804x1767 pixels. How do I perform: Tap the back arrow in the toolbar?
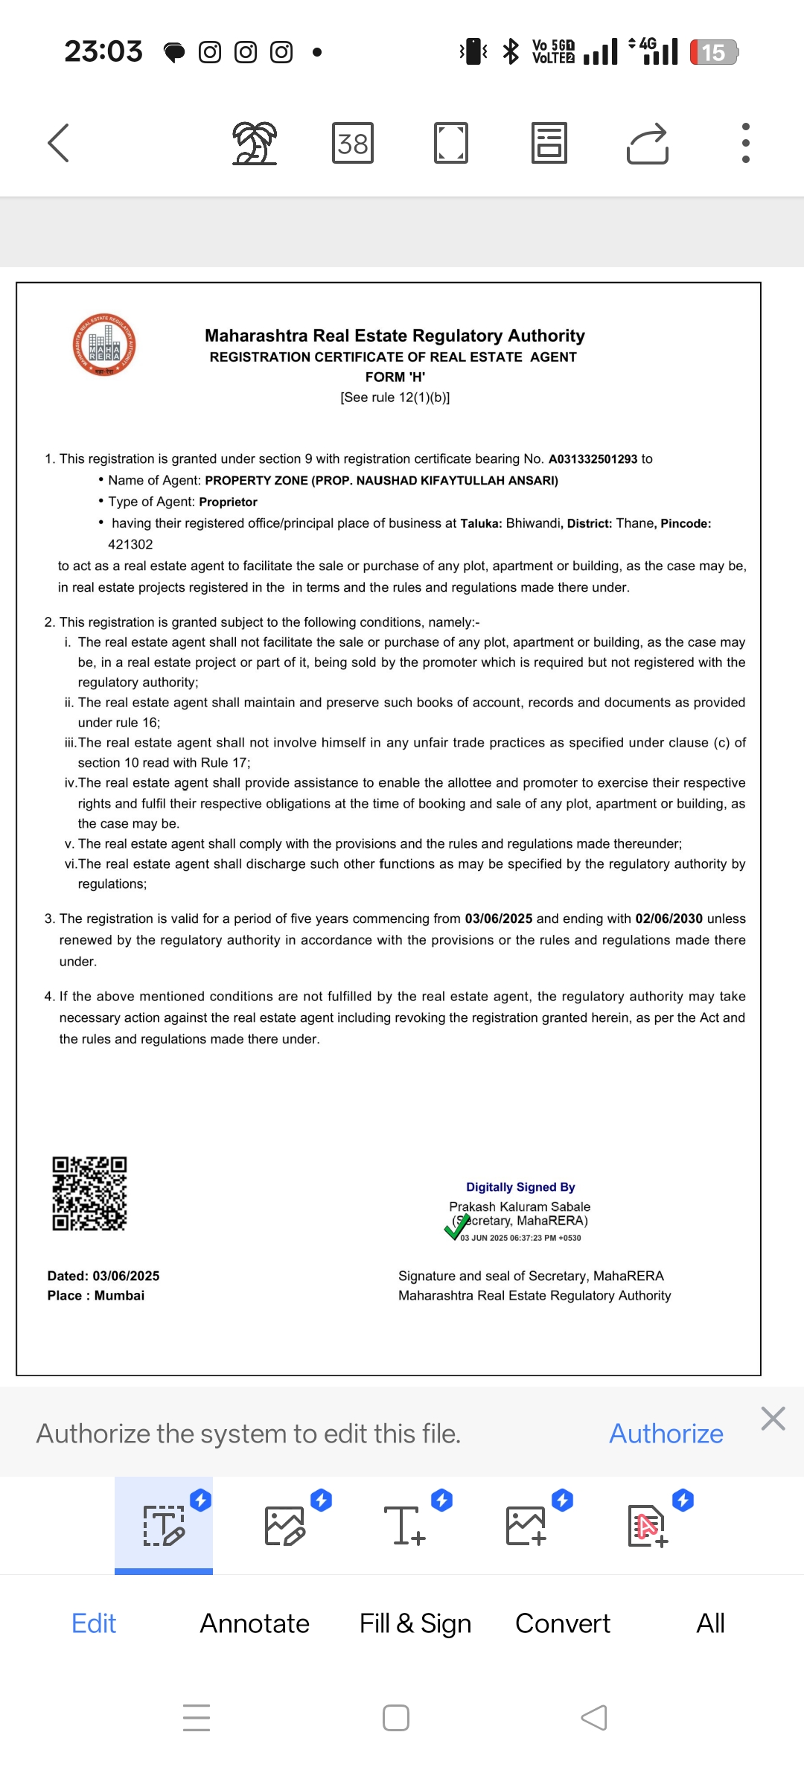(59, 143)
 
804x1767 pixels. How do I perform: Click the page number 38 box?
(353, 143)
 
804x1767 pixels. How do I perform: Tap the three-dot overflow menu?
(745, 143)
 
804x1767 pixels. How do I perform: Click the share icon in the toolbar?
(648, 143)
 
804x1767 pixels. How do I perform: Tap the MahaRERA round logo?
(104, 345)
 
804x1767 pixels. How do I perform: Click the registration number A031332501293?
(593, 459)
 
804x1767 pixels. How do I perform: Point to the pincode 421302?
(130, 545)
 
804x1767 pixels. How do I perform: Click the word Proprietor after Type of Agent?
(228, 502)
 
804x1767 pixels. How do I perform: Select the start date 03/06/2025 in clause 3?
(498, 919)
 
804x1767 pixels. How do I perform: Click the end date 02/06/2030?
(669, 919)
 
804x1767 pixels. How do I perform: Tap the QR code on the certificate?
(89, 1193)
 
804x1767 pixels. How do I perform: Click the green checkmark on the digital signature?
(457, 1227)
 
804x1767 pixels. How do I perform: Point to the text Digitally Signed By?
(520, 1187)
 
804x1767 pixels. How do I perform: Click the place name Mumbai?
(119, 1296)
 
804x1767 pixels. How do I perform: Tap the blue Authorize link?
(666, 1434)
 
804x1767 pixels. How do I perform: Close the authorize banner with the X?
(773, 1419)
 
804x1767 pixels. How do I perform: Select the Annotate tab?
(255, 1623)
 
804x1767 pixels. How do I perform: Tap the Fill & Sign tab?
(415, 1623)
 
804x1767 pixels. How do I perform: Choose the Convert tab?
(563, 1623)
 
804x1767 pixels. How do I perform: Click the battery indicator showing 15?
(713, 52)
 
